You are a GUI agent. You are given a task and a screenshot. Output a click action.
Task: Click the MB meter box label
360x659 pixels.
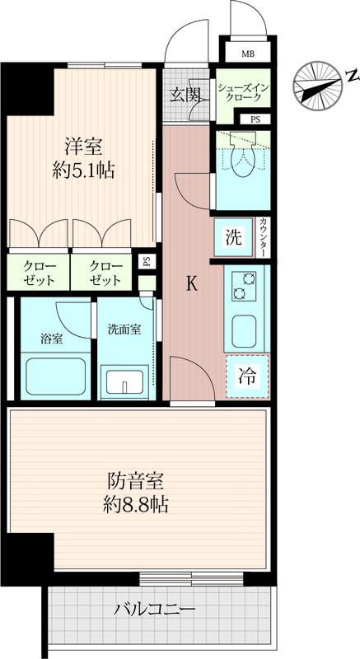(x=247, y=54)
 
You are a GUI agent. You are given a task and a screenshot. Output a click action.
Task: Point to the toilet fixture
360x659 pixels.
(x=243, y=161)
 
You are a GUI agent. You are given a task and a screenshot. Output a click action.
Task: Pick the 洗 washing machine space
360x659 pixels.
(x=234, y=237)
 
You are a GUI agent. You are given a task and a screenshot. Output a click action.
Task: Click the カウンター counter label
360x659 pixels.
(x=263, y=237)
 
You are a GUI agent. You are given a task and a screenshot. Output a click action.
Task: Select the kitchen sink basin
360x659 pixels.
(x=244, y=331)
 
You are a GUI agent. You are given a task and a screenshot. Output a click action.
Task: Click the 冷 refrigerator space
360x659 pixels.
(x=247, y=376)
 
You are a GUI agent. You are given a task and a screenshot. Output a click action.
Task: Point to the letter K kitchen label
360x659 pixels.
(x=192, y=284)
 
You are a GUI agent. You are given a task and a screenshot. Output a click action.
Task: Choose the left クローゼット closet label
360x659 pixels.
(x=38, y=273)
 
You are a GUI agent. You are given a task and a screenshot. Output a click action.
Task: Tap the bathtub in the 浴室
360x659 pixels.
(x=55, y=376)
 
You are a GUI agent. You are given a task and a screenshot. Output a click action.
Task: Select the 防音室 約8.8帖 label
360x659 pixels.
(x=136, y=493)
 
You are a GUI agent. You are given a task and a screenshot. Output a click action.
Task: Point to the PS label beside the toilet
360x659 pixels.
(x=255, y=119)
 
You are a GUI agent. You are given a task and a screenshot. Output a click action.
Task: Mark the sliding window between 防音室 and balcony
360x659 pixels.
(x=192, y=579)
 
